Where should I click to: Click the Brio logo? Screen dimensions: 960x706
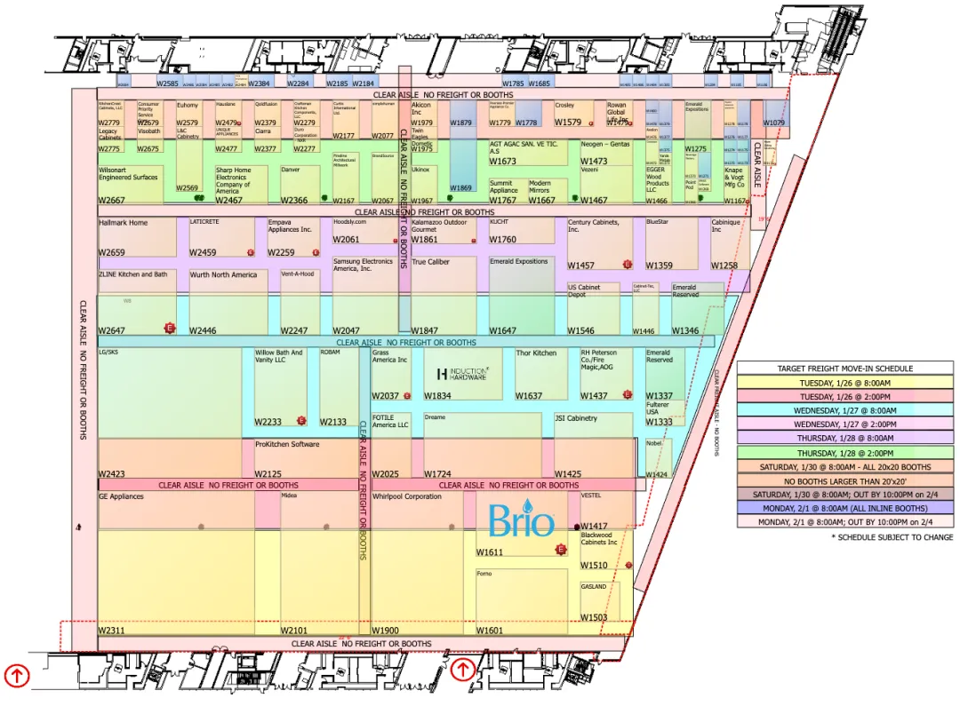click(x=522, y=520)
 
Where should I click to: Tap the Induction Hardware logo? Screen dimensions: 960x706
click(x=461, y=374)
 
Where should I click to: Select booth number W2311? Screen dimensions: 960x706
click(x=111, y=631)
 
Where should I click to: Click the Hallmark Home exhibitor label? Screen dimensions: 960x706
click(x=124, y=223)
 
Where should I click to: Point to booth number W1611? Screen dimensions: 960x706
click(x=489, y=552)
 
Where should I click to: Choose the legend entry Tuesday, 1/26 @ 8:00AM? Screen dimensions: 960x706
click(x=844, y=383)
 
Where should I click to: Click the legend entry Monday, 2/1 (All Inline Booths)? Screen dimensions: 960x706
click(x=844, y=509)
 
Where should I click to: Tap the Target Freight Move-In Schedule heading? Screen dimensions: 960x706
click(x=844, y=369)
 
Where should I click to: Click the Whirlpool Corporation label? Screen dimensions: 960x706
click(x=407, y=496)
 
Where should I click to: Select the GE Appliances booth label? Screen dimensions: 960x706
click(x=121, y=496)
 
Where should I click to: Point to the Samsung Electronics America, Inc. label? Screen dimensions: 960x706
click(x=363, y=265)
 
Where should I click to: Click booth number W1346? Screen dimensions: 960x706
click(x=684, y=331)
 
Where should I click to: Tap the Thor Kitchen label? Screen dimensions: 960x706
click(x=536, y=353)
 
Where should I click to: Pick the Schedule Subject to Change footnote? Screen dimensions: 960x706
click(x=892, y=537)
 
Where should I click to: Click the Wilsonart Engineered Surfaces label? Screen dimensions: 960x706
click(x=128, y=173)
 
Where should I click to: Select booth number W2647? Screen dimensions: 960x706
click(x=111, y=331)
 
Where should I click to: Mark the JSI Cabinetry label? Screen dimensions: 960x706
click(x=576, y=418)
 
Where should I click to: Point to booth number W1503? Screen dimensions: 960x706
click(x=594, y=617)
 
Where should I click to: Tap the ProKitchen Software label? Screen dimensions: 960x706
click(x=286, y=444)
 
